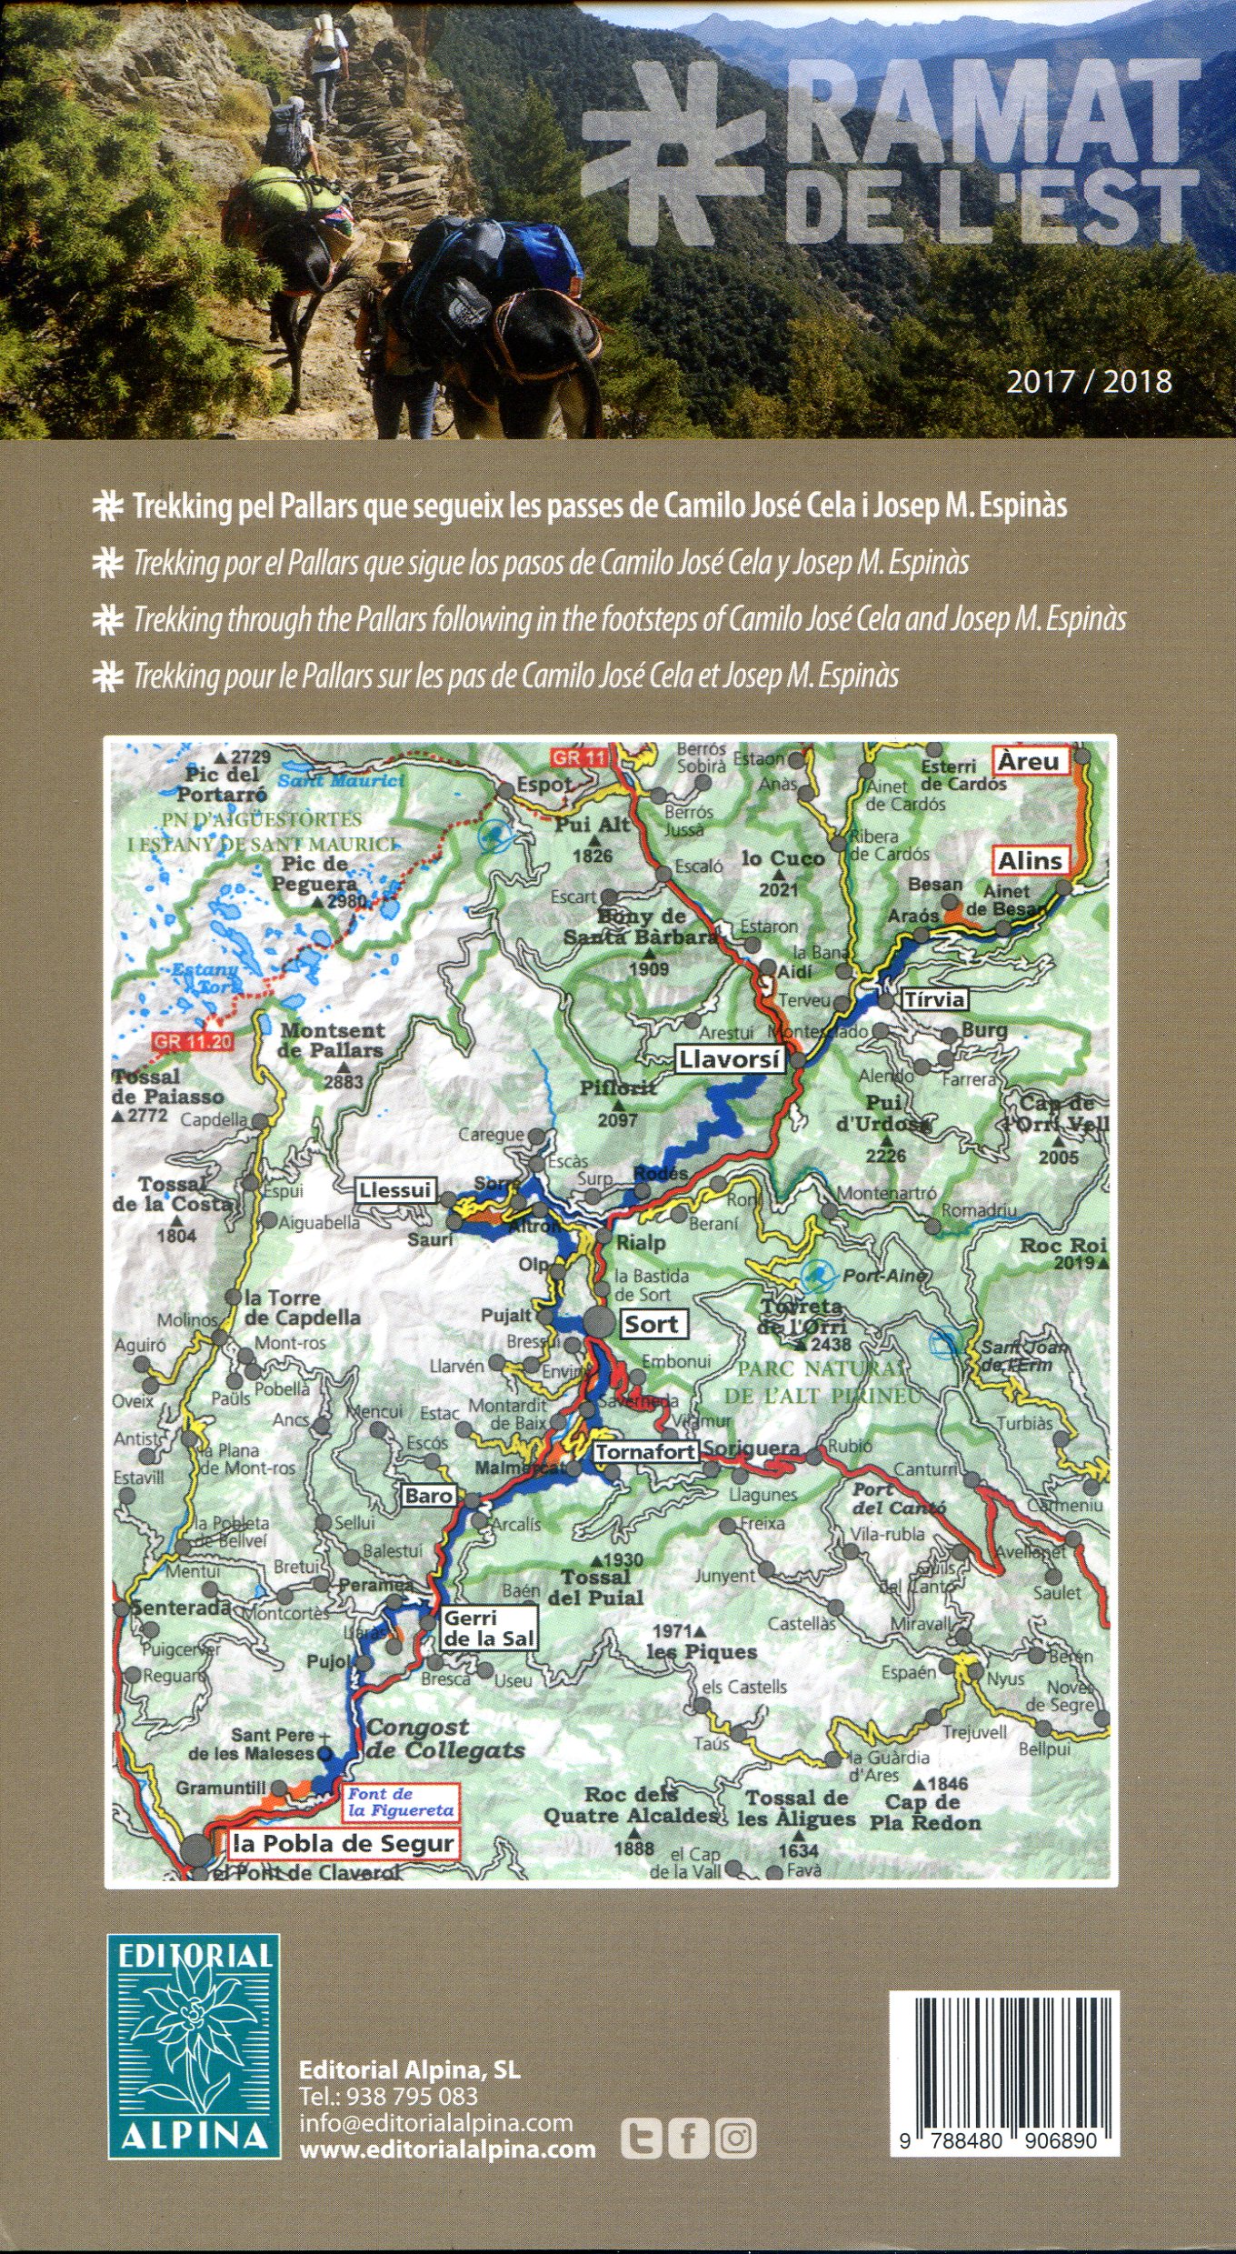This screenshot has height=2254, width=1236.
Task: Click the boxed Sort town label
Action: tap(652, 1324)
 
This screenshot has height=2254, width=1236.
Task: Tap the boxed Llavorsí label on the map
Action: tap(729, 1059)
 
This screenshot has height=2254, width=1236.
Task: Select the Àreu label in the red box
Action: tap(1029, 761)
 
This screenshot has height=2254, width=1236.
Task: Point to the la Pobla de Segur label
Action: tap(343, 1843)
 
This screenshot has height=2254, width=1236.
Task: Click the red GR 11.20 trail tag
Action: tap(192, 1041)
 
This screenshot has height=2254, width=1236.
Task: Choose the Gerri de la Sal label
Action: tap(488, 1628)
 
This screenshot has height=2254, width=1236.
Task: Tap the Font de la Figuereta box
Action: tap(400, 1802)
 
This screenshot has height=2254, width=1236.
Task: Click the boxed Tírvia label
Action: tap(933, 999)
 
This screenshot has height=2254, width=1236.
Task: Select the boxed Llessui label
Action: tap(394, 1190)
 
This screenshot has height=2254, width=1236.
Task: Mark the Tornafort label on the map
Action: tap(645, 1452)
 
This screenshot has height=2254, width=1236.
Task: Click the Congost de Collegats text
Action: tap(444, 1738)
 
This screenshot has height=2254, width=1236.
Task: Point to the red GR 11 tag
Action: tap(579, 757)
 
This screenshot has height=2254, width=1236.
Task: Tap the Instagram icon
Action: tap(735, 2139)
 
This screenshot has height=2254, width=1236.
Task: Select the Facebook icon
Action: tap(688, 2139)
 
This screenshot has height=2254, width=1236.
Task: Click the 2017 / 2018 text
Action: tap(1088, 380)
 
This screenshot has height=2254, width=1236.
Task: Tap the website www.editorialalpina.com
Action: tap(447, 2149)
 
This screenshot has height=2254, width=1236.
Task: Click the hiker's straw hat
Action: tap(393, 252)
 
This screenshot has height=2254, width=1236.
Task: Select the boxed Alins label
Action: tap(1029, 860)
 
